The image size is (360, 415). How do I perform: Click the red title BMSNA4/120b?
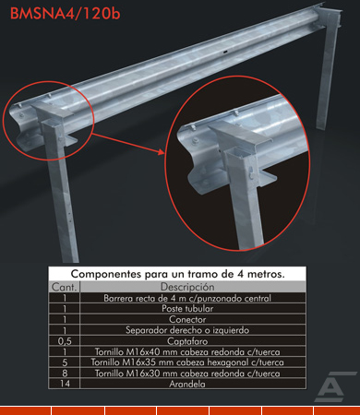[x=65, y=14]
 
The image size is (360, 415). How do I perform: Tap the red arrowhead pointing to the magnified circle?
[x=162, y=151]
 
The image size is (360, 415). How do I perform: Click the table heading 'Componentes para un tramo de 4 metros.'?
[x=177, y=274]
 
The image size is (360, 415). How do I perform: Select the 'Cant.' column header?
[x=64, y=287]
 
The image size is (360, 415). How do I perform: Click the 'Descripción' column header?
[x=187, y=287]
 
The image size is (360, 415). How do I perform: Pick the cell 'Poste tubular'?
[x=187, y=308]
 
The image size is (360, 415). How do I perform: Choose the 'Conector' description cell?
[x=187, y=319]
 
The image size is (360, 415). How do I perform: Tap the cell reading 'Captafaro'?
[x=187, y=341]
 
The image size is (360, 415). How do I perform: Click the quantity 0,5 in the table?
[x=65, y=341]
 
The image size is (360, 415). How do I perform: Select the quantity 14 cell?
[x=65, y=384]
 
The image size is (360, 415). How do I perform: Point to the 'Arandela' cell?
[x=187, y=384]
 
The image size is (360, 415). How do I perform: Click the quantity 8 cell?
[x=65, y=373]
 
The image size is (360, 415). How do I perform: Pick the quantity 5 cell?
[x=65, y=362]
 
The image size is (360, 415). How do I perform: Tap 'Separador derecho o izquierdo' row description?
[x=187, y=330]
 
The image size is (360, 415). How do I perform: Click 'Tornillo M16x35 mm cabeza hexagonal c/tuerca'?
[x=187, y=362]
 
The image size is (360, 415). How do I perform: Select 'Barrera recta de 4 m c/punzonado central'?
[x=187, y=298]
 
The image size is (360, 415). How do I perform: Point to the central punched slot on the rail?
[x=225, y=53]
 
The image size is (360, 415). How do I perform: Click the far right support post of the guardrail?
[x=328, y=71]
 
